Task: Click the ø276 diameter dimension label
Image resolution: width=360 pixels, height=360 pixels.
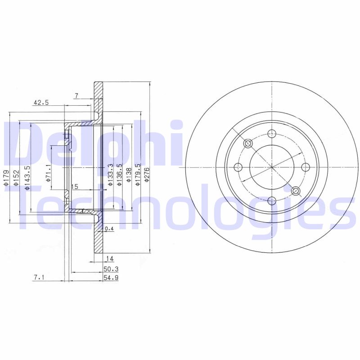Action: tap(147, 175)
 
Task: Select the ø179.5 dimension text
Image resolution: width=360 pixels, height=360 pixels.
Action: tap(138, 175)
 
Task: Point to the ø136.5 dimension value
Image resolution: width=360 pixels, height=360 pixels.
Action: tap(119, 175)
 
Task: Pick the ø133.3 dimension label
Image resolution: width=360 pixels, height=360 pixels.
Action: tap(111, 175)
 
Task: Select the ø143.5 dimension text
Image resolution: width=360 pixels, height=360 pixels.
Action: tap(27, 178)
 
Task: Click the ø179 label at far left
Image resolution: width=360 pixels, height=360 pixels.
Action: tap(6, 178)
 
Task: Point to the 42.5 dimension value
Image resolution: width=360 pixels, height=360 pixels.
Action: tap(41, 103)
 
